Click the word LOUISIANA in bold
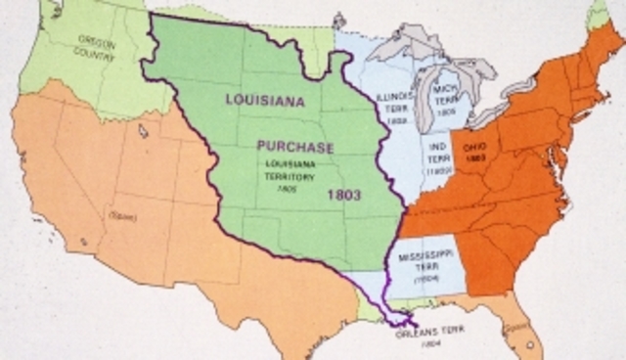[264, 101]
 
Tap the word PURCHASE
[295, 147]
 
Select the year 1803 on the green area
[343, 195]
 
